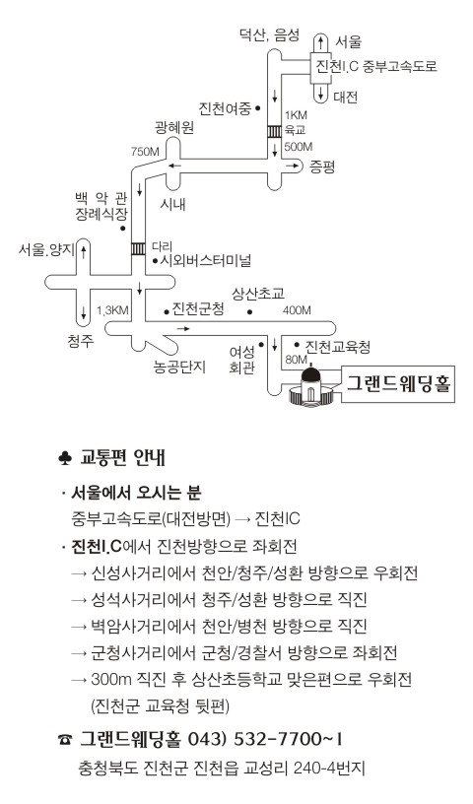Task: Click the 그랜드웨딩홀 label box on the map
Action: (398, 384)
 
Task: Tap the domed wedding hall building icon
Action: (312, 388)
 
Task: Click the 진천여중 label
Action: (225, 108)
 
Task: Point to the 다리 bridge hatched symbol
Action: (139, 248)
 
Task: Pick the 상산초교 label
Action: (258, 294)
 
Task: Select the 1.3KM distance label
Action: (112, 310)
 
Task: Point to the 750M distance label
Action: (145, 152)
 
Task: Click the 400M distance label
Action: (297, 310)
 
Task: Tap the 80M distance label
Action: (296, 360)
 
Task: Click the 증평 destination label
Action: (322, 167)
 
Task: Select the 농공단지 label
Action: (179, 367)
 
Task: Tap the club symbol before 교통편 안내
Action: (65, 458)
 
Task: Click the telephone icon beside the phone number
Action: (65, 739)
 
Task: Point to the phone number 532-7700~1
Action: (289, 739)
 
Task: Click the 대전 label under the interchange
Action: (345, 97)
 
